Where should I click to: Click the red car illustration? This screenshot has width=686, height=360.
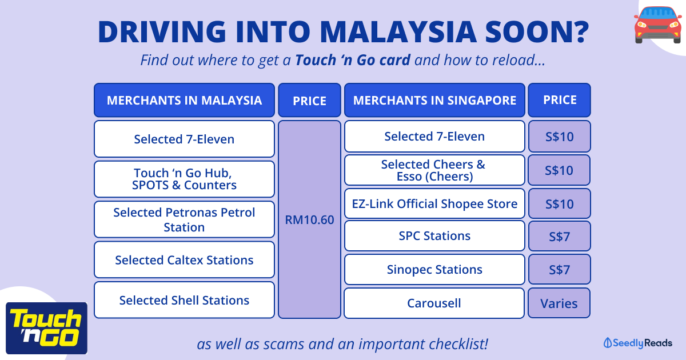tap(658, 25)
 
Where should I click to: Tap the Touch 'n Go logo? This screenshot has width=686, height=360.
tap(46, 328)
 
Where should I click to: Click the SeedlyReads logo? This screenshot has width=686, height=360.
tap(637, 343)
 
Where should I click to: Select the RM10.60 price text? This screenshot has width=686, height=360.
tap(309, 220)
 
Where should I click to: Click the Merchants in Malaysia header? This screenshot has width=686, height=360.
tap(184, 100)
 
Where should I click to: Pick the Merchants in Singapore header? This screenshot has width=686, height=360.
tap(434, 100)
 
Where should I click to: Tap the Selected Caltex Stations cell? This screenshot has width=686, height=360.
tap(184, 259)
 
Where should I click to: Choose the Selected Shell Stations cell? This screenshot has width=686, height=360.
tap(184, 300)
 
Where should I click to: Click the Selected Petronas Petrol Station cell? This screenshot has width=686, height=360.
tap(184, 219)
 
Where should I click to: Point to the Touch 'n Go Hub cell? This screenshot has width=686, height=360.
tap(184, 179)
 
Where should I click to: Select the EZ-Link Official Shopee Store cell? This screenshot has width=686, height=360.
tap(434, 203)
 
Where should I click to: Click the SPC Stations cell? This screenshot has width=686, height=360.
tap(434, 235)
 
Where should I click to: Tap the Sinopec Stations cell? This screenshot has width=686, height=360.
tap(434, 269)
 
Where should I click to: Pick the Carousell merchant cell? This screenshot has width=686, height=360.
tap(434, 303)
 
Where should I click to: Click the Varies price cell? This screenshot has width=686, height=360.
tap(559, 303)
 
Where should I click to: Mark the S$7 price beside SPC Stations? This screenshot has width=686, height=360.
tap(560, 236)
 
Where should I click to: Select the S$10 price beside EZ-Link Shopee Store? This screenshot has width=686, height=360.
tap(560, 203)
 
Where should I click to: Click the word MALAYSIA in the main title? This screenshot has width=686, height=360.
tap(398, 31)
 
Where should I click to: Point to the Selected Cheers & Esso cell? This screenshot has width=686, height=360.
tap(434, 170)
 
